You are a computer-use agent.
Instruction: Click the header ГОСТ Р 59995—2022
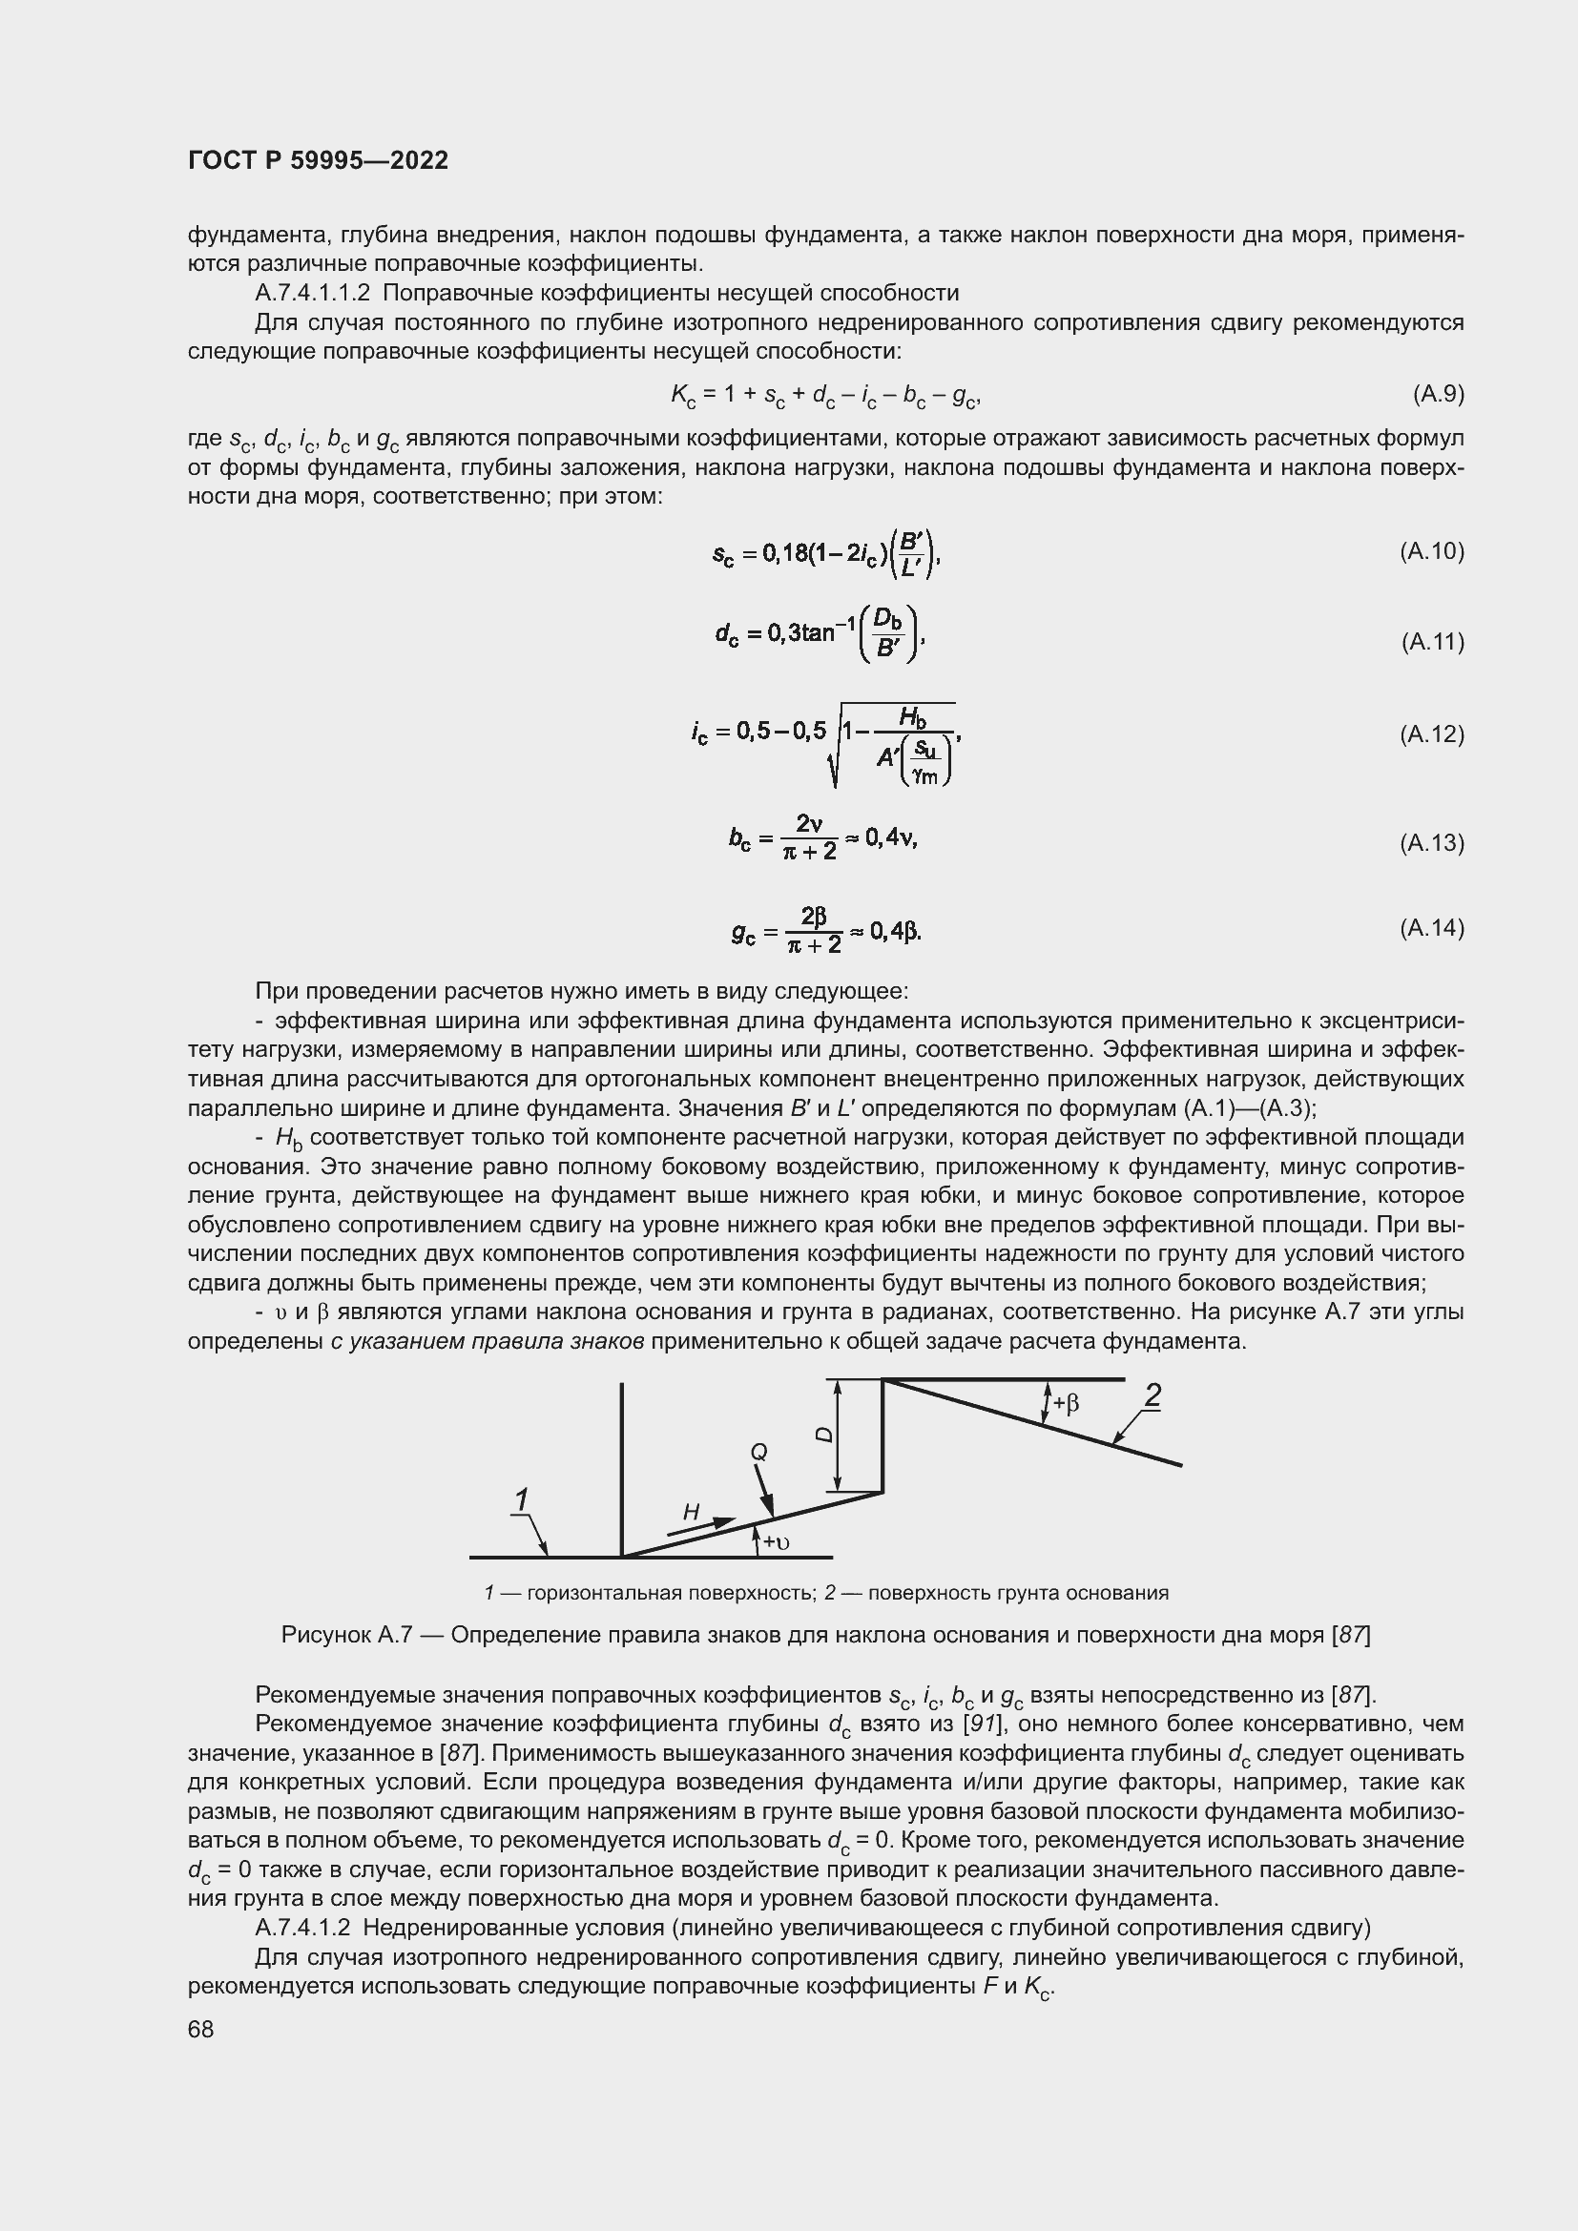[x=318, y=160]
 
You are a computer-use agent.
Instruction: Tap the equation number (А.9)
[x=1438, y=394]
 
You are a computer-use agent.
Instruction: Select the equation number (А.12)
[x=1431, y=733]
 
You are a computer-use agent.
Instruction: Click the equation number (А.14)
[x=1431, y=928]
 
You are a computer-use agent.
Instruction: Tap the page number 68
[x=200, y=2029]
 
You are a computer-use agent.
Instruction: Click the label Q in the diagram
[x=758, y=1452]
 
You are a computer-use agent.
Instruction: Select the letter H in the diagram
[x=691, y=1511]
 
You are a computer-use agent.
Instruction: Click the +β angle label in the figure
[x=1066, y=1404]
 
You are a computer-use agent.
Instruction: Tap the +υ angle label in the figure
[x=776, y=1543]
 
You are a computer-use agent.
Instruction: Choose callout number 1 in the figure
[x=522, y=1500]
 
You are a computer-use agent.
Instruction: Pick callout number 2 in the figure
[x=1152, y=1397]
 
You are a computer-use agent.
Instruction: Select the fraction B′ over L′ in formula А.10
[x=910, y=554]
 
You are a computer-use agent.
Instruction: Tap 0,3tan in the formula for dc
[x=799, y=633]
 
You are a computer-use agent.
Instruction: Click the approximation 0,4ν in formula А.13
[x=890, y=837]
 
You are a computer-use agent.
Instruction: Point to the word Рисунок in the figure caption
[x=323, y=1636]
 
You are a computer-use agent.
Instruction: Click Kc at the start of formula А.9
[x=682, y=395]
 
